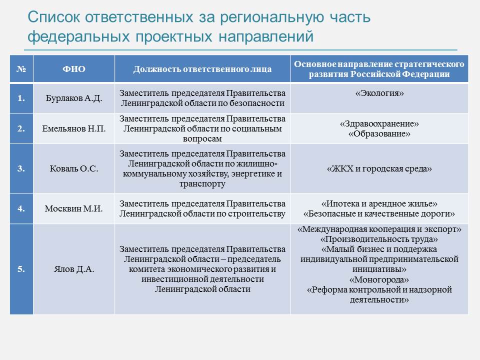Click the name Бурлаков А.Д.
coord(74,98)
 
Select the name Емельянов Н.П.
coord(74,128)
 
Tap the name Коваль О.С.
coord(74,168)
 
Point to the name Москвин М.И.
coord(74,208)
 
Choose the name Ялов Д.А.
coord(74,269)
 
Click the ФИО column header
coord(74,69)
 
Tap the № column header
coord(21,69)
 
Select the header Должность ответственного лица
coord(202,69)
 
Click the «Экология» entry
coord(379,93)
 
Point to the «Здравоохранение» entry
coord(379,123)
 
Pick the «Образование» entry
coord(379,134)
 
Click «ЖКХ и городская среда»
coord(379,168)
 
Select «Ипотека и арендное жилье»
coord(379,203)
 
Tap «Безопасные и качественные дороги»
coord(379,213)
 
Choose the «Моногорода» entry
coord(379,279)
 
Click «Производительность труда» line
coord(379,239)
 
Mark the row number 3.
coord(21,168)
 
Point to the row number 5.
coord(21,269)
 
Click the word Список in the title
coord(54,17)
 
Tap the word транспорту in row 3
coord(202,183)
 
